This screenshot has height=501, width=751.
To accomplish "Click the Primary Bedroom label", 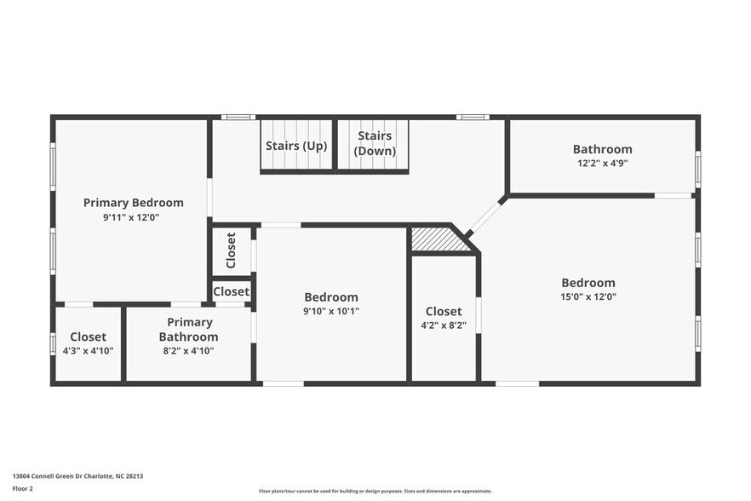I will [133, 203].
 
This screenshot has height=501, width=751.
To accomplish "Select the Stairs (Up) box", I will [295, 146].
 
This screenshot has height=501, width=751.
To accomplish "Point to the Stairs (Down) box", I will [374, 143].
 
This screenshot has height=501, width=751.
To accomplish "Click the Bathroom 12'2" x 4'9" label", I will [602, 149].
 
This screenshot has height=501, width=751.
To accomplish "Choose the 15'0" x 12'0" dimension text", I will [588, 297].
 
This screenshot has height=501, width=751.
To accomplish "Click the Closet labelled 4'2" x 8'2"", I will [443, 312].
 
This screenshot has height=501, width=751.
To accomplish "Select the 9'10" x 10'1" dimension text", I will [331, 311].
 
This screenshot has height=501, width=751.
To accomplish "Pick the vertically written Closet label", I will [231, 250].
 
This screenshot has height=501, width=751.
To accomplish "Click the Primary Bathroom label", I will [190, 329].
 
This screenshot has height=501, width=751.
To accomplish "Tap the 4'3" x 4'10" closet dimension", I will [89, 350].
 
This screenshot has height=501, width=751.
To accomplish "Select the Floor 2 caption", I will [22, 489].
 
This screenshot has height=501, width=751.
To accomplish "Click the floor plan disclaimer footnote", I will [375, 491].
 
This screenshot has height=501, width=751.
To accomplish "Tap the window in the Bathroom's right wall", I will [697, 169].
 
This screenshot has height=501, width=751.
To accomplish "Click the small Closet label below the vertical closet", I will [231, 291].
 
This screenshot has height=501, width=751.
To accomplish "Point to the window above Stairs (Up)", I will [238, 117].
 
